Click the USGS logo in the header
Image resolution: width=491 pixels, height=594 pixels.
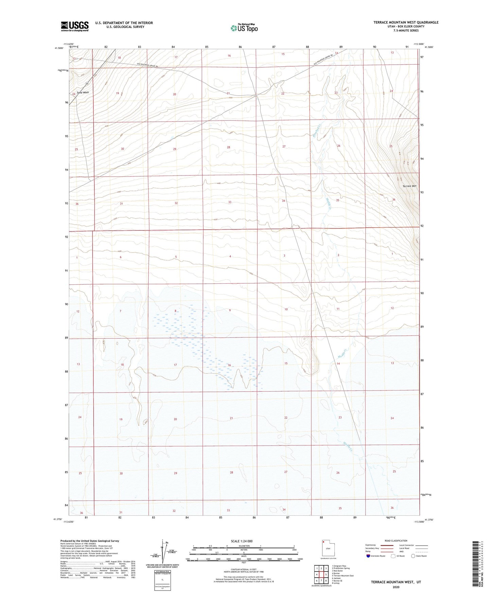74,26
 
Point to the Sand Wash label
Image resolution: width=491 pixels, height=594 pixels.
83,93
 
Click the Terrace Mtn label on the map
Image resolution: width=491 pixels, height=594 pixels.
409,186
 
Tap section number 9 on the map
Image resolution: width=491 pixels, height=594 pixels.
230,310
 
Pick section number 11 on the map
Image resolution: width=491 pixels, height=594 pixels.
338,309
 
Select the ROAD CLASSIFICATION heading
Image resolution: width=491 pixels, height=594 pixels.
396,541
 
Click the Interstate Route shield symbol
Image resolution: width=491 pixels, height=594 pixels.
368,556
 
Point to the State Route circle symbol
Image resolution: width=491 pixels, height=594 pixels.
413,556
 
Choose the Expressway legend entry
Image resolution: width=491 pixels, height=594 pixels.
370,545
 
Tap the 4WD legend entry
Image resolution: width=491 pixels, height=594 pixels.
402,551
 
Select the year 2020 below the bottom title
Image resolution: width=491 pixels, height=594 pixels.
396,587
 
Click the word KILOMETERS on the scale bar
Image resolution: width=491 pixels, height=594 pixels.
244,546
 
